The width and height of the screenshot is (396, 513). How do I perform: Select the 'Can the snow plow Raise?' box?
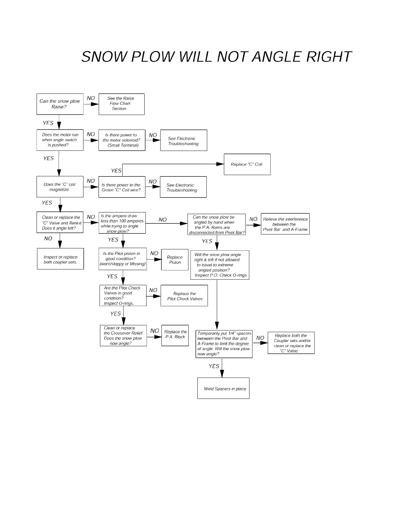click(60, 104)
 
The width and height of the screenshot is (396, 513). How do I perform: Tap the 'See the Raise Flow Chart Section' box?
click(121, 104)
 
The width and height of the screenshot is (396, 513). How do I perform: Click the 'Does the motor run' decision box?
click(60, 140)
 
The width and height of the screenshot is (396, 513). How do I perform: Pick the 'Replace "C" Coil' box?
click(247, 164)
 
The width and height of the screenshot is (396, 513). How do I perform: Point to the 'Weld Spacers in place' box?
click(223, 388)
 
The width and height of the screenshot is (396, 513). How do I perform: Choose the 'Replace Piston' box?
click(175, 260)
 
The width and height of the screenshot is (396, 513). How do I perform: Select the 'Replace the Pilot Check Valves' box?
click(184, 296)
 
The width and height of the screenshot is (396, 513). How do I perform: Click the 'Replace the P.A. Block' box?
click(175, 336)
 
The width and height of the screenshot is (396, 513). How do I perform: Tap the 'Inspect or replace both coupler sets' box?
click(60, 259)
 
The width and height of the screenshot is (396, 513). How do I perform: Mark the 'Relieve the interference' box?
click(285, 224)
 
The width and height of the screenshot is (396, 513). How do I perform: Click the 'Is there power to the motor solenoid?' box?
click(122, 140)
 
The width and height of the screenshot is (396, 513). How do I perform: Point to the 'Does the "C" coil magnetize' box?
click(60, 187)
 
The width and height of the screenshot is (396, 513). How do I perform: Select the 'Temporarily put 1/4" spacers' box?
click(225, 344)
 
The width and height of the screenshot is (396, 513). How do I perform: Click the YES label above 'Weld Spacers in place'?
click(214, 366)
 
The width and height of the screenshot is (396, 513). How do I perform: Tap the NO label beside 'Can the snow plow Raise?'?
click(91, 98)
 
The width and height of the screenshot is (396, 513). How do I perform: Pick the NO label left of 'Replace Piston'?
click(154, 253)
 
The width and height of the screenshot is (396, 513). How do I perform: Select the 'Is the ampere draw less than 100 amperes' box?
click(122, 223)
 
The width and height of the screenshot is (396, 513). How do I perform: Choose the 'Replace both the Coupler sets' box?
click(291, 343)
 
